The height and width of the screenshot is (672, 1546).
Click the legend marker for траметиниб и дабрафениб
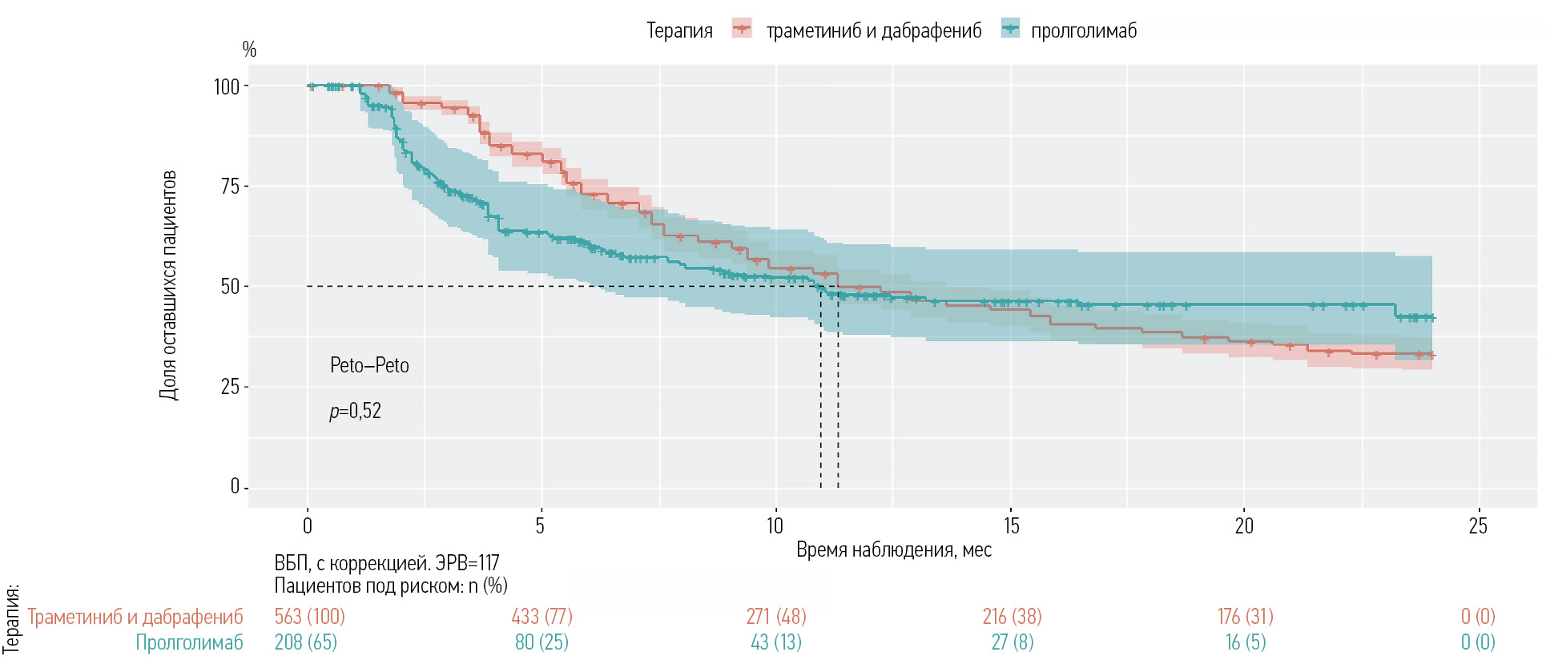(x=742, y=29)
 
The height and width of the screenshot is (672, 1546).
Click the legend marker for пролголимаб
(x=1011, y=29)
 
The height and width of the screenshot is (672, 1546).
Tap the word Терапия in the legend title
(x=679, y=31)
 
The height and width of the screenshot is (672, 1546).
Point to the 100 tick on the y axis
(x=227, y=87)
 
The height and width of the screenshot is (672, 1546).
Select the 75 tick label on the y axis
(x=230, y=187)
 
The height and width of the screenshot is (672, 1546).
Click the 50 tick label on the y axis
(x=230, y=287)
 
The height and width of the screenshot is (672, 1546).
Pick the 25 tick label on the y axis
(x=230, y=387)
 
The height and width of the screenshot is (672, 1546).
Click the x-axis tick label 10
(x=775, y=526)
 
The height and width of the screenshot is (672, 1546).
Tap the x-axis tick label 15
(x=1011, y=526)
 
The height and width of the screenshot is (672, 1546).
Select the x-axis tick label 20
(x=1244, y=526)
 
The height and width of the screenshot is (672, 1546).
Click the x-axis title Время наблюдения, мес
(x=894, y=550)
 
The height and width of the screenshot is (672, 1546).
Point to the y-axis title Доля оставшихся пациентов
(x=168, y=285)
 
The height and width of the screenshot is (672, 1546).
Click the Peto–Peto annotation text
(x=369, y=366)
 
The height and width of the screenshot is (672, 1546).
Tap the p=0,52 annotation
(x=356, y=412)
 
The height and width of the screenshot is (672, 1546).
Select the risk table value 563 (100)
(x=309, y=617)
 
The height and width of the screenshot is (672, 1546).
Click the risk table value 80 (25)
(x=542, y=642)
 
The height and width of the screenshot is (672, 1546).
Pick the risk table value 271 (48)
(x=776, y=617)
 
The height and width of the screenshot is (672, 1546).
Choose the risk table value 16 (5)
(x=1246, y=642)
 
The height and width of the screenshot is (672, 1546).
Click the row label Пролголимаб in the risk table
(x=189, y=642)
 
